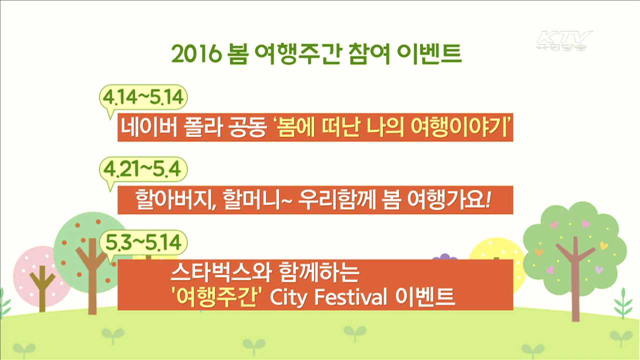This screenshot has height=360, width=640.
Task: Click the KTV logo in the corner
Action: point(564,40)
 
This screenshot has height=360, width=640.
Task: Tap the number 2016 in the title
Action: point(196,54)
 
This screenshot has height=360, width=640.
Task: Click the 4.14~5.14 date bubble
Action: point(143,98)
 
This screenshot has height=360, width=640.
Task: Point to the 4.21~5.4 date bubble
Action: point(143,170)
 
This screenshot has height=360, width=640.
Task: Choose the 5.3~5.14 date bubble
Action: point(143,243)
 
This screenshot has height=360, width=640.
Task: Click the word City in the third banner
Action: point(289,297)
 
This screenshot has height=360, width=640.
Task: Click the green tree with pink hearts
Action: point(574,240)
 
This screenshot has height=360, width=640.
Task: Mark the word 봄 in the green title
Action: point(237,54)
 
